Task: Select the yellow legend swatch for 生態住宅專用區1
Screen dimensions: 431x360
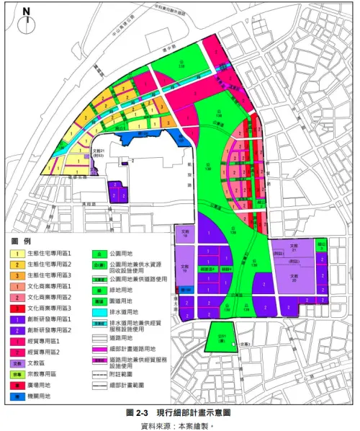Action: click(14, 254)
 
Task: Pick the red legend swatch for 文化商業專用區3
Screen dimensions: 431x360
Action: click(14, 307)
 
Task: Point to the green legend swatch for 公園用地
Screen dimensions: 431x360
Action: click(102, 254)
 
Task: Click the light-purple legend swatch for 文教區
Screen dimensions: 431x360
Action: click(14, 364)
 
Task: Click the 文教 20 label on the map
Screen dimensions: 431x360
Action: click(294, 275)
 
